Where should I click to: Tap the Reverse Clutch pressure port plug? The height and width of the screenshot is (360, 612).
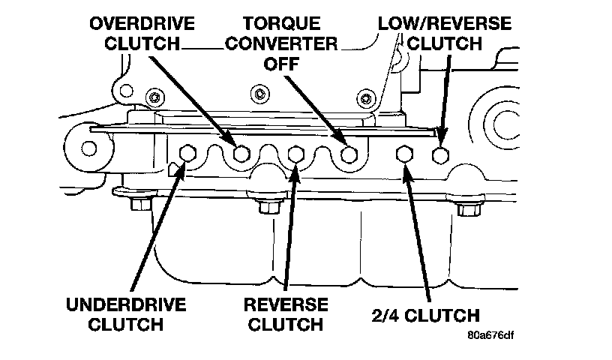295,154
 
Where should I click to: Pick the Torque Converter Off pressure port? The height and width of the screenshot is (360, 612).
349,154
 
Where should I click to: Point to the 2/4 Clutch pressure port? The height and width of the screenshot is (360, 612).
404,154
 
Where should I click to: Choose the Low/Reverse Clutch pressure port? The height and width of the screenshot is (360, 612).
441,154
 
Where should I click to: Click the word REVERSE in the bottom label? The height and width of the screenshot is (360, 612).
286,305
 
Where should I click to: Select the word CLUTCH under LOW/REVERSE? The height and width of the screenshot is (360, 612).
444,43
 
